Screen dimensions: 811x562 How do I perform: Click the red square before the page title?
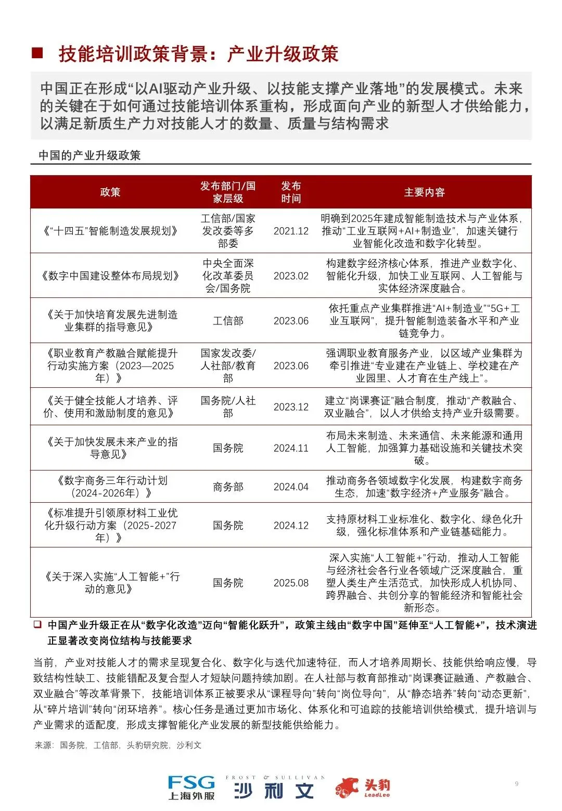coord(37,53)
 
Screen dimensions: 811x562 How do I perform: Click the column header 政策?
coord(110,192)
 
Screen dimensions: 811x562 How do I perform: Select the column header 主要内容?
coord(424,192)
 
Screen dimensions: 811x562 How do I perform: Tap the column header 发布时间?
coord(291,192)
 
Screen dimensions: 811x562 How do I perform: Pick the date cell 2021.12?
coord(291,231)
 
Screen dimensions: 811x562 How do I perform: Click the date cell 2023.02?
coord(291,276)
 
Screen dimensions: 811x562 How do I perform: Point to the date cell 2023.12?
coord(291,407)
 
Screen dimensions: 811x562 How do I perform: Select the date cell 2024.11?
coord(291,448)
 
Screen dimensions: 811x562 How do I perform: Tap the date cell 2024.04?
coord(291,487)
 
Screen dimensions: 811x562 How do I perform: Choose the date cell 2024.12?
coord(291,525)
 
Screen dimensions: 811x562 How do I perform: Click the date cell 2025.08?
coord(291,583)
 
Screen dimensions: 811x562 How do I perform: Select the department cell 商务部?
coord(228,487)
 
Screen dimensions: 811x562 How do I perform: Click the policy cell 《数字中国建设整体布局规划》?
coord(110,276)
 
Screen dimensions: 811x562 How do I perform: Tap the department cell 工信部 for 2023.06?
coord(228,321)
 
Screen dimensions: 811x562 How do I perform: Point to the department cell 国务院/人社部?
coord(228,407)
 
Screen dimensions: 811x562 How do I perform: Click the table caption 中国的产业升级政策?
coord(90,155)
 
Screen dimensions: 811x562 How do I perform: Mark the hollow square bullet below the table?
coord(37,624)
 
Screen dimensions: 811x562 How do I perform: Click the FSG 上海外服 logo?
coord(191,787)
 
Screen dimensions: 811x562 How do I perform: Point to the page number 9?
coord(516,783)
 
